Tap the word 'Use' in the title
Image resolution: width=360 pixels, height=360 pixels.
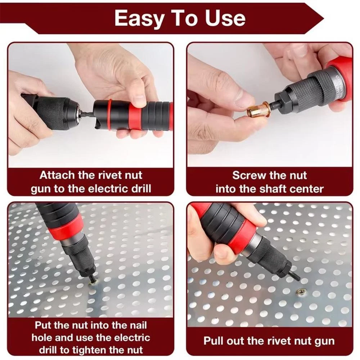225,18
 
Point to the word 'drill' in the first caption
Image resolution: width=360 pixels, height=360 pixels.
140,189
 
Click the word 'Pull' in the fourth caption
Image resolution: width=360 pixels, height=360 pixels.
213,341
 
